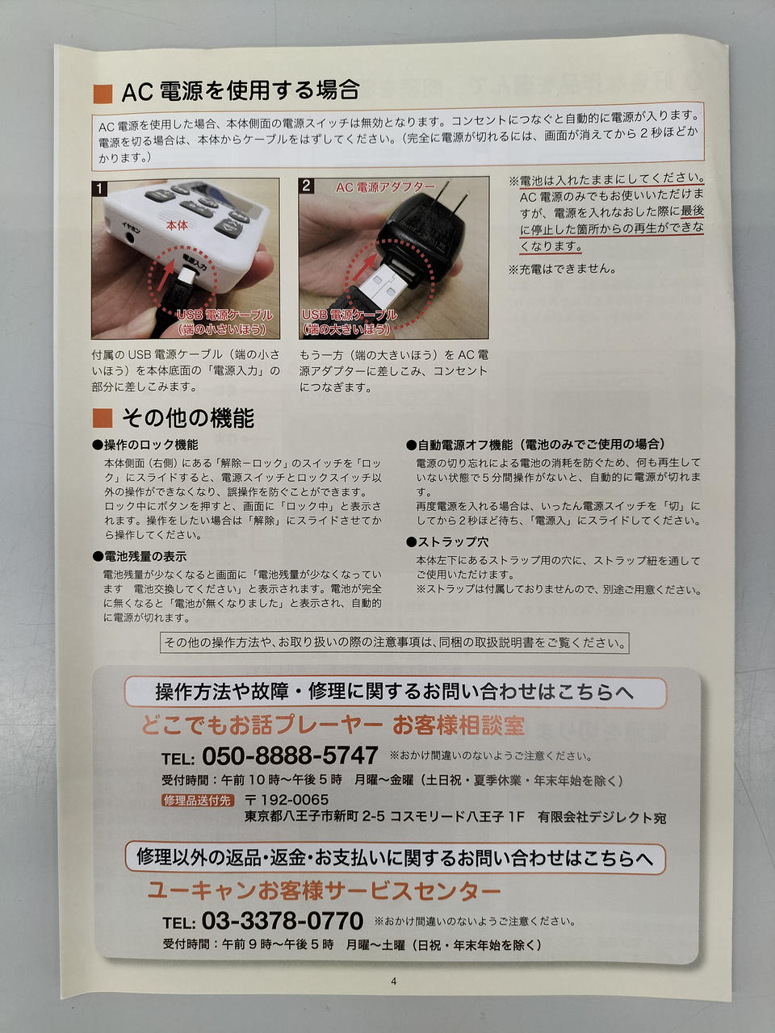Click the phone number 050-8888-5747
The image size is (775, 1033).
[x=290, y=756]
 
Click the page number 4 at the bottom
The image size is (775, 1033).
[x=393, y=981]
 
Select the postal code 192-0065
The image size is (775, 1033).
[x=287, y=799]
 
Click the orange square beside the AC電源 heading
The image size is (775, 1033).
[x=103, y=94]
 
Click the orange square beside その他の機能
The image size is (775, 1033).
[x=103, y=418]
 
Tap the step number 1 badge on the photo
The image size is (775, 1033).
[x=99, y=189]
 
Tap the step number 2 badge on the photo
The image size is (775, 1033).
[x=306, y=186]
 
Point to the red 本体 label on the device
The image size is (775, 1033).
[x=177, y=225]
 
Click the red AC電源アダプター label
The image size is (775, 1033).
[x=385, y=187]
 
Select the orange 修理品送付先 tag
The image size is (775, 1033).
[x=198, y=800]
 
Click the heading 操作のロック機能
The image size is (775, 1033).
[x=145, y=445]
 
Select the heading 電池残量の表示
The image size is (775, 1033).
[x=140, y=556]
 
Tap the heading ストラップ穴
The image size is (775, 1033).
[x=447, y=542]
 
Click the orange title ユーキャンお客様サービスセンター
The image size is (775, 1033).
[x=325, y=889]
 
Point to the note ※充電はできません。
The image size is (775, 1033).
[x=563, y=270]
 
